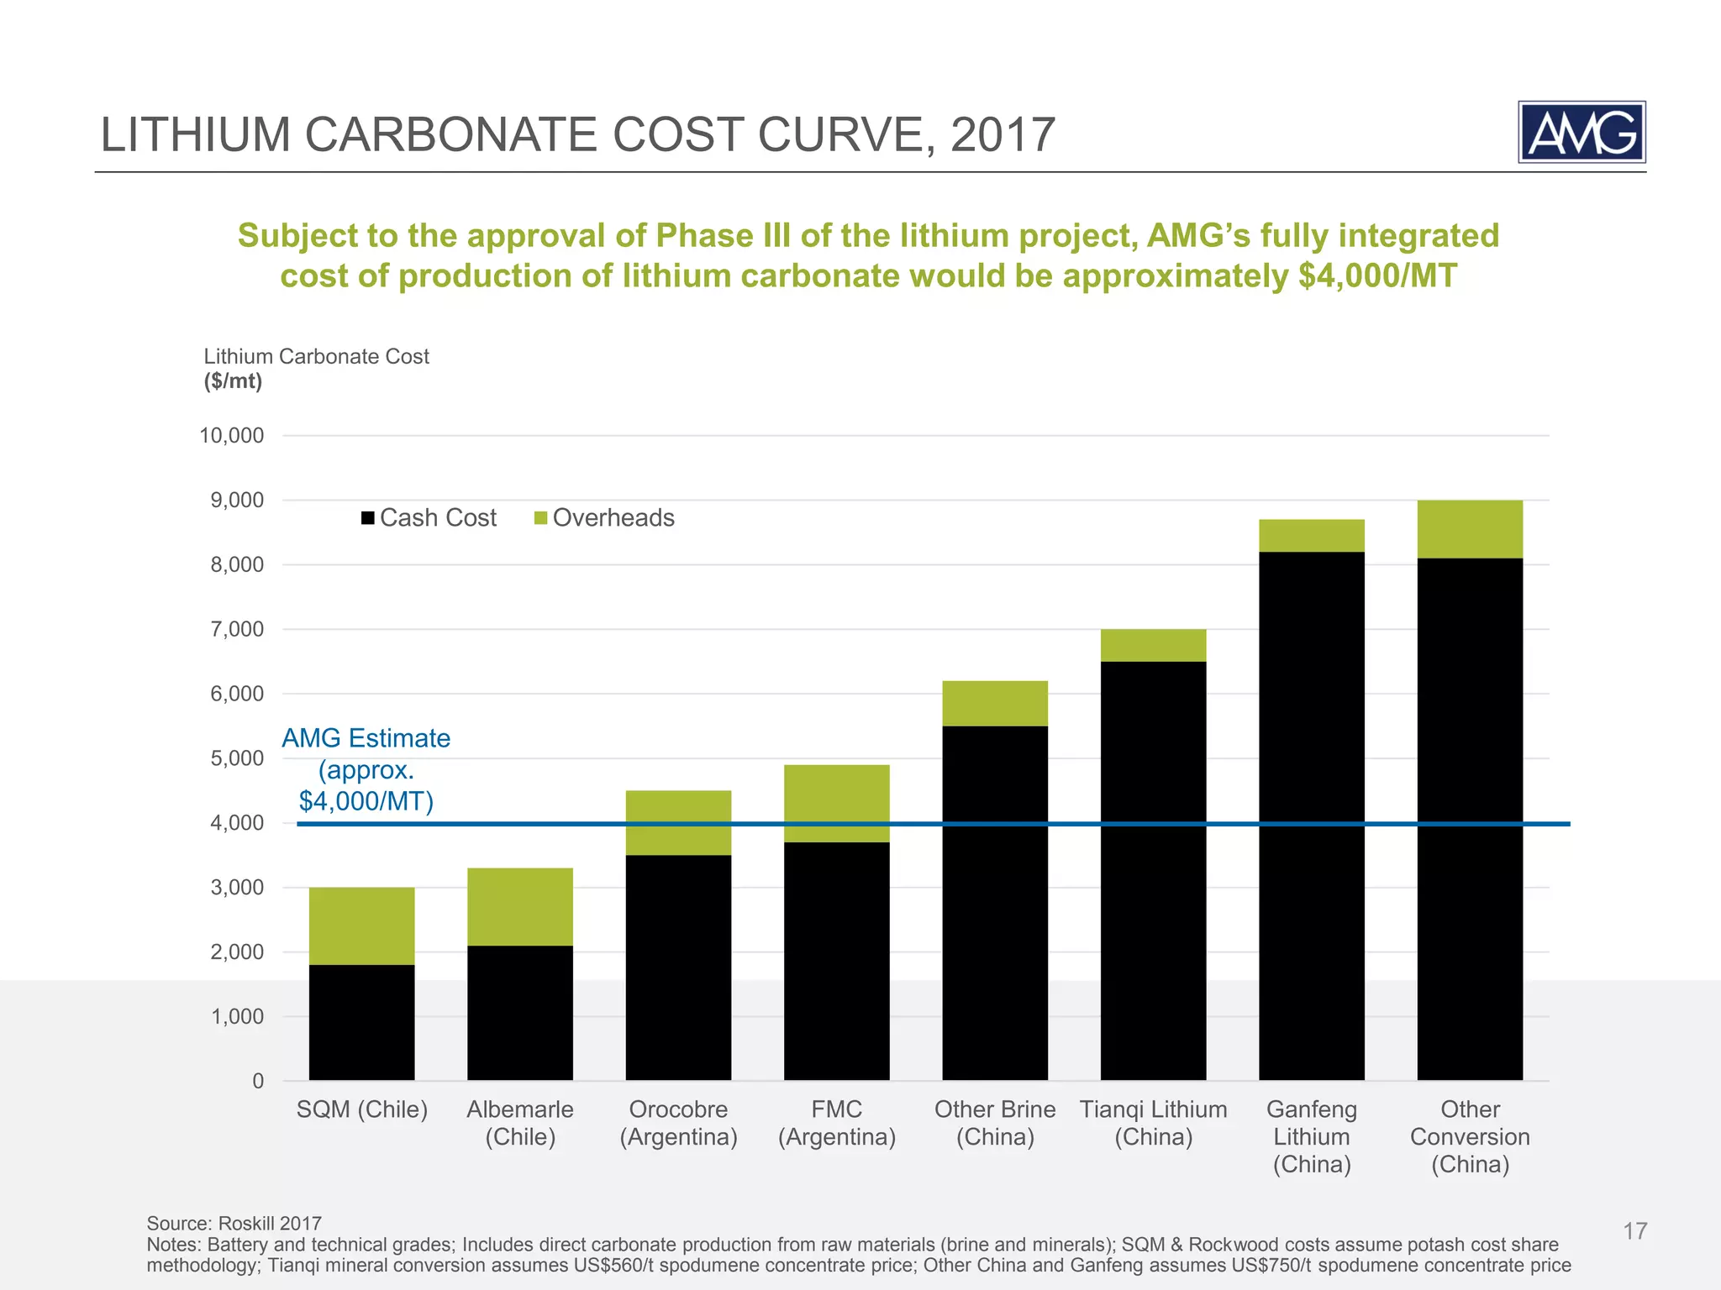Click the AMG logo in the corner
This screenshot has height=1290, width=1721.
click(x=1581, y=132)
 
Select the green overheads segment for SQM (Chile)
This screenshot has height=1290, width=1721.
click(x=361, y=926)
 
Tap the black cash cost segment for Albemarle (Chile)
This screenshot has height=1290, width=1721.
click(x=519, y=1012)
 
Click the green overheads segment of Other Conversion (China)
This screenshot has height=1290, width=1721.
click(x=1469, y=529)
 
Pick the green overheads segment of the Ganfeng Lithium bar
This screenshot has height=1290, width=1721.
click(x=1311, y=536)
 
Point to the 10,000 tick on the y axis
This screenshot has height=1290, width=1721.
click(x=232, y=435)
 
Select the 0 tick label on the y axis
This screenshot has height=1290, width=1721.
click(x=258, y=1081)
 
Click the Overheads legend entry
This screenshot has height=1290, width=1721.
click(x=604, y=517)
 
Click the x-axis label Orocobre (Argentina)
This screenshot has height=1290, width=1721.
click(x=678, y=1123)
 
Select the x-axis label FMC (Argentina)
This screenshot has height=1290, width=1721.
click(x=836, y=1123)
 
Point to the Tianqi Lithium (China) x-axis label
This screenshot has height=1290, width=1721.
click(x=1153, y=1123)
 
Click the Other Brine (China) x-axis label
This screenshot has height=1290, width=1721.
click(x=995, y=1123)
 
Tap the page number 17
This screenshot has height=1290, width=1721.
click(x=1634, y=1231)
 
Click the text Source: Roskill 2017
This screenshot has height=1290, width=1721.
click(x=234, y=1223)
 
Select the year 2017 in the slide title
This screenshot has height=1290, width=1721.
click(x=1002, y=134)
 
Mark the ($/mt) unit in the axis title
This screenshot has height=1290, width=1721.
click(x=233, y=381)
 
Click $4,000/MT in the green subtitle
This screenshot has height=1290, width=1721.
click(x=1376, y=276)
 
